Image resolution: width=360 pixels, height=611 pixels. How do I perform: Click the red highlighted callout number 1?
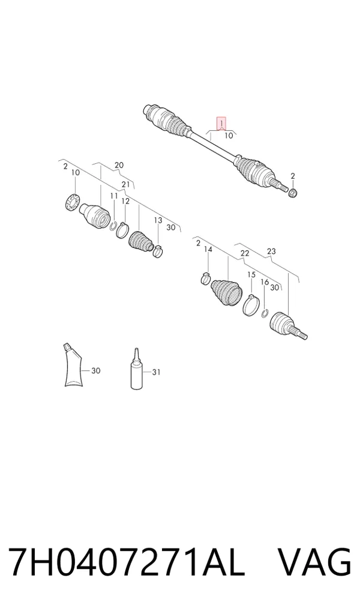[221, 124]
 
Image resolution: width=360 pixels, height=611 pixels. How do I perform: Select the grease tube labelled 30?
[73, 365]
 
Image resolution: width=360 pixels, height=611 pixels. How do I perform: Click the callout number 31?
[156, 373]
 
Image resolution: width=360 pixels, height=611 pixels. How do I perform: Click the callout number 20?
[119, 165]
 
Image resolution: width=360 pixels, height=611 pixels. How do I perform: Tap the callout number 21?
[125, 184]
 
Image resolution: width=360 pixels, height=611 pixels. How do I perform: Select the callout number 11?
[113, 196]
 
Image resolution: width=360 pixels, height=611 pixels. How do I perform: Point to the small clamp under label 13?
[158, 251]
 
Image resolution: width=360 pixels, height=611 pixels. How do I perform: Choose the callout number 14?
[208, 249]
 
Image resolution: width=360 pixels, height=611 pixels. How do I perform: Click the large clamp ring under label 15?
[251, 304]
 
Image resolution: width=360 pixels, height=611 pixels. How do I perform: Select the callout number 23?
[272, 251]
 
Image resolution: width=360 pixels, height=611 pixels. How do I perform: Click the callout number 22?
[245, 254]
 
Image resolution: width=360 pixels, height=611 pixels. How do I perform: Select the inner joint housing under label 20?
[95, 215]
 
